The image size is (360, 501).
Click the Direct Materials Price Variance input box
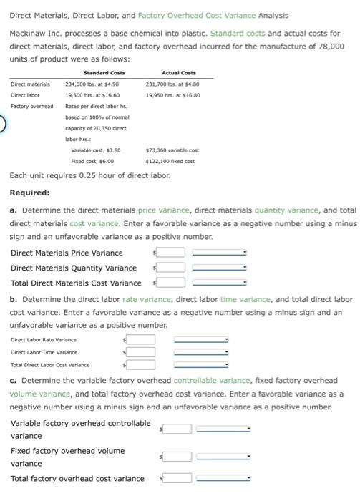click(x=171, y=252)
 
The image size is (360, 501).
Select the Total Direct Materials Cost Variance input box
click(x=171, y=283)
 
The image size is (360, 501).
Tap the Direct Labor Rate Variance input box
click(x=142, y=339)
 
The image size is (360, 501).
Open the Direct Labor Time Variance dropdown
click(x=201, y=352)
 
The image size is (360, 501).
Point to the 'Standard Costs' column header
click(x=104, y=72)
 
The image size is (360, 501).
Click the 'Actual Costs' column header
click(x=179, y=72)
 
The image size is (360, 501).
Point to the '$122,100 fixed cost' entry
click(x=170, y=162)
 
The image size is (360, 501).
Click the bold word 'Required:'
click(x=30, y=193)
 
